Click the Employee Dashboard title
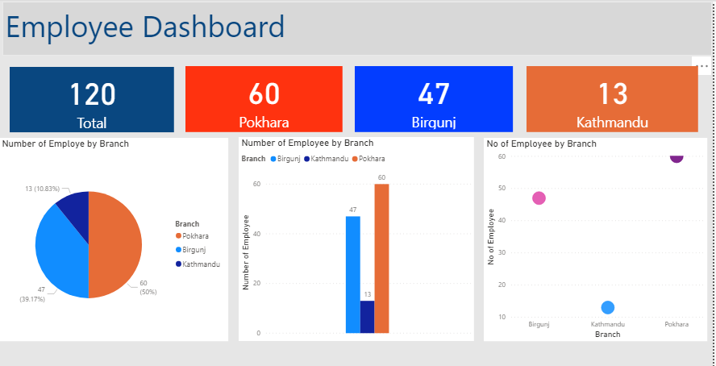pyautogui.click(x=145, y=27)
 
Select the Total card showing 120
pyautogui.click(x=92, y=99)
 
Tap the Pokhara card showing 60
pyautogui.click(x=264, y=99)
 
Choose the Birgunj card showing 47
pyautogui.click(x=434, y=99)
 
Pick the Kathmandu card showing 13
pyautogui.click(x=612, y=99)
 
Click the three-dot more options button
pyautogui.click(x=703, y=66)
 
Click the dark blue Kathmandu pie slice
pyautogui.click(x=75, y=206)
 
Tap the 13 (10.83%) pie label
pyautogui.click(x=46, y=188)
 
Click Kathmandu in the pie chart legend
pyautogui.click(x=200, y=264)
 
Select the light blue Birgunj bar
pyautogui.click(x=352, y=274)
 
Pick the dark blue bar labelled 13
pyautogui.click(x=367, y=316)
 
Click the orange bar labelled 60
pyautogui.click(x=381, y=258)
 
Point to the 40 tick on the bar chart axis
pyautogui.click(x=256, y=234)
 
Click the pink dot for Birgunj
pyautogui.click(x=539, y=198)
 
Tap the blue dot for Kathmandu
pyautogui.click(x=608, y=307)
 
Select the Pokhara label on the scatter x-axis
pyautogui.click(x=676, y=324)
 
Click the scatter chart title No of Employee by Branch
pyautogui.click(x=542, y=143)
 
